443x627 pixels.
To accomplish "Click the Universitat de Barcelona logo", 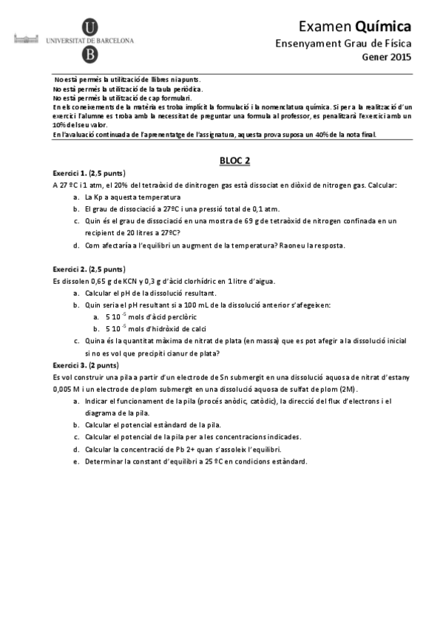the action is (90, 42).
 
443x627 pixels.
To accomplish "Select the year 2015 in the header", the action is (401, 57).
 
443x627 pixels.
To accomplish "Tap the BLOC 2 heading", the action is (236, 160).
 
